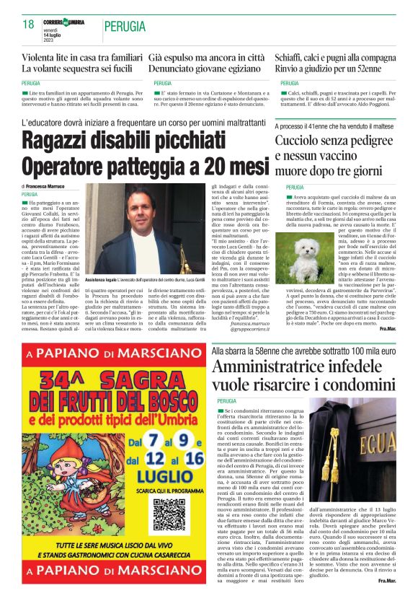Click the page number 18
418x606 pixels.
point(29,25)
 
